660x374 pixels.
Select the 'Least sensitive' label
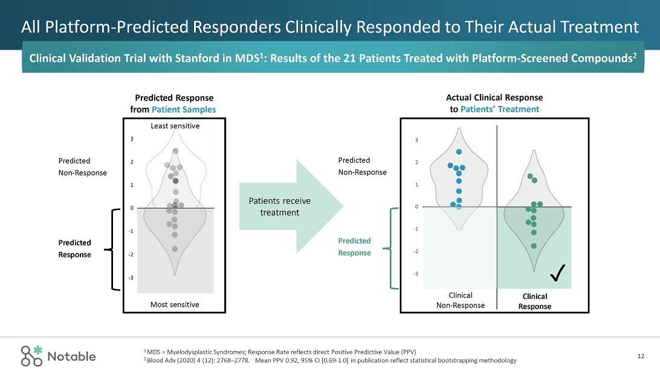pyautogui.click(x=175, y=126)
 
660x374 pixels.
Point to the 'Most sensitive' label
pyautogui.click(x=175, y=304)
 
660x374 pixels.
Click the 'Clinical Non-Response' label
pyautogui.click(x=461, y=300)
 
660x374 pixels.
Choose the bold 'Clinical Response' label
pyautogui.click(x=534, y=301)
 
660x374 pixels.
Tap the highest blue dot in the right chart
pyautogui.click(x=459, y=151)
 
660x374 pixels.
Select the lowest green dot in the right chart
pyautogui.click(x=534, y=246)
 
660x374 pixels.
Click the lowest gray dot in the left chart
pyautogui.click(x=175, y=249)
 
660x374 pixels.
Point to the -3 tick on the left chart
pyautogui.click(x=132, y=278)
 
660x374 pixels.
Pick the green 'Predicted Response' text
pyautogui.click(x=354, y=247)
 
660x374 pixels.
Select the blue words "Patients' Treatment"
pyautogui.click(x=499, y=110)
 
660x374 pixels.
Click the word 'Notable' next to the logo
pyautogui.click(x=72, y=356)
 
